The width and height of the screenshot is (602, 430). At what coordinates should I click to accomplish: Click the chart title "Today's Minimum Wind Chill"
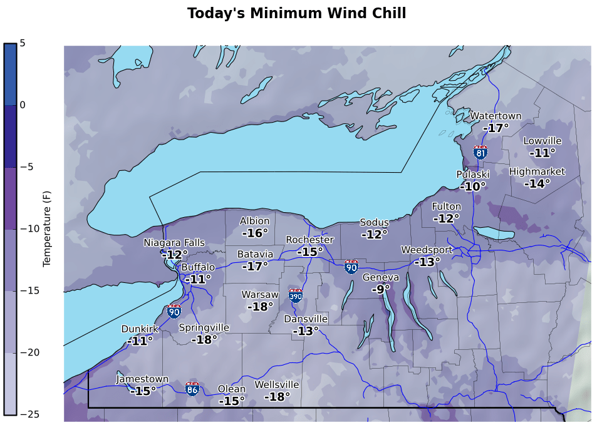(x=296, y=13)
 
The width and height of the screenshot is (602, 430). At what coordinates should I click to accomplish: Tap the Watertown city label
(x=496, y=116)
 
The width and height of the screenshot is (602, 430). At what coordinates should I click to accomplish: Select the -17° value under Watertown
(x=496, y=128)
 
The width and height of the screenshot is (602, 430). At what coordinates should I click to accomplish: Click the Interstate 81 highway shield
(x=480, y=152)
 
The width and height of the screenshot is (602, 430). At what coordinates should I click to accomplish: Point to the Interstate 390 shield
(x=296, y=295)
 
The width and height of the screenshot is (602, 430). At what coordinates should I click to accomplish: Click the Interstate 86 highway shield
(x=193, y=389)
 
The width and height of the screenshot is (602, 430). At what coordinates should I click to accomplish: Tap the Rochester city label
(x=309, y=240)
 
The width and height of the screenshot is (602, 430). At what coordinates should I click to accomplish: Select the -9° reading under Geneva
(x=380, y=289)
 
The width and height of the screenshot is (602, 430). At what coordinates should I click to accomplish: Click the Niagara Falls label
(x=174, y=243)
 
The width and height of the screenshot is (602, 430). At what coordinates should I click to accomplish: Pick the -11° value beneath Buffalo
(x=197, y=279)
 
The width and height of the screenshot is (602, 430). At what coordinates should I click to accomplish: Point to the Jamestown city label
(x=142, y=379)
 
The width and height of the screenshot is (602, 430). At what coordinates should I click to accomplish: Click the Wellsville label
(x=276, y=384)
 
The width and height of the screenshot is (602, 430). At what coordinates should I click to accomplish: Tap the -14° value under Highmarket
(x=537, y=183)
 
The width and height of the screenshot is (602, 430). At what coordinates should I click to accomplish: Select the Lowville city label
(x=542, y=141)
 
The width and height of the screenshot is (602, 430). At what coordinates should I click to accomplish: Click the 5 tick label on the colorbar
(x=23, y=43)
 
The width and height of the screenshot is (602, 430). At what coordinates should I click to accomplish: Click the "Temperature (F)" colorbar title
(x=46, y=228)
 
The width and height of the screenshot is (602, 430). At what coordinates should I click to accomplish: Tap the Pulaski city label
(x=472, y=174)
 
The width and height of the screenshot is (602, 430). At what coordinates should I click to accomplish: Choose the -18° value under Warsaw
(x=260, y=307)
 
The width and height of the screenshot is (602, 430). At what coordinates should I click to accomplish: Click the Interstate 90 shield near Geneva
(x=351, y=267)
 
